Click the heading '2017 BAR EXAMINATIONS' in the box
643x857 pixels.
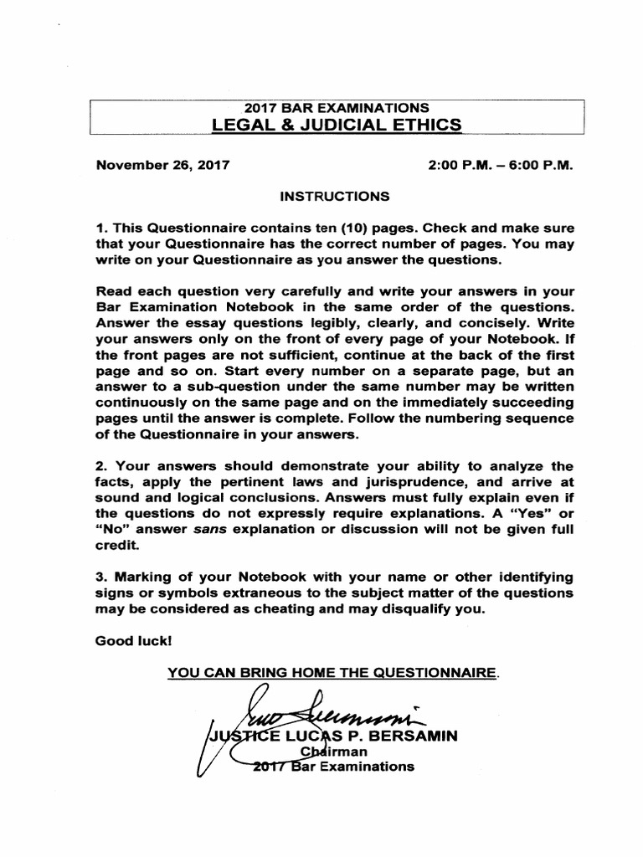click(336, 107)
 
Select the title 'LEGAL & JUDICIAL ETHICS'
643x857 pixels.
click(336, 125)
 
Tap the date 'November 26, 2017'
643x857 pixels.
click(162, 166)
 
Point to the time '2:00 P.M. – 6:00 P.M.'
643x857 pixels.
click(500, 166)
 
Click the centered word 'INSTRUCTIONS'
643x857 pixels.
click(335, 197)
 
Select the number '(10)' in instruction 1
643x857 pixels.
click(359, 228)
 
